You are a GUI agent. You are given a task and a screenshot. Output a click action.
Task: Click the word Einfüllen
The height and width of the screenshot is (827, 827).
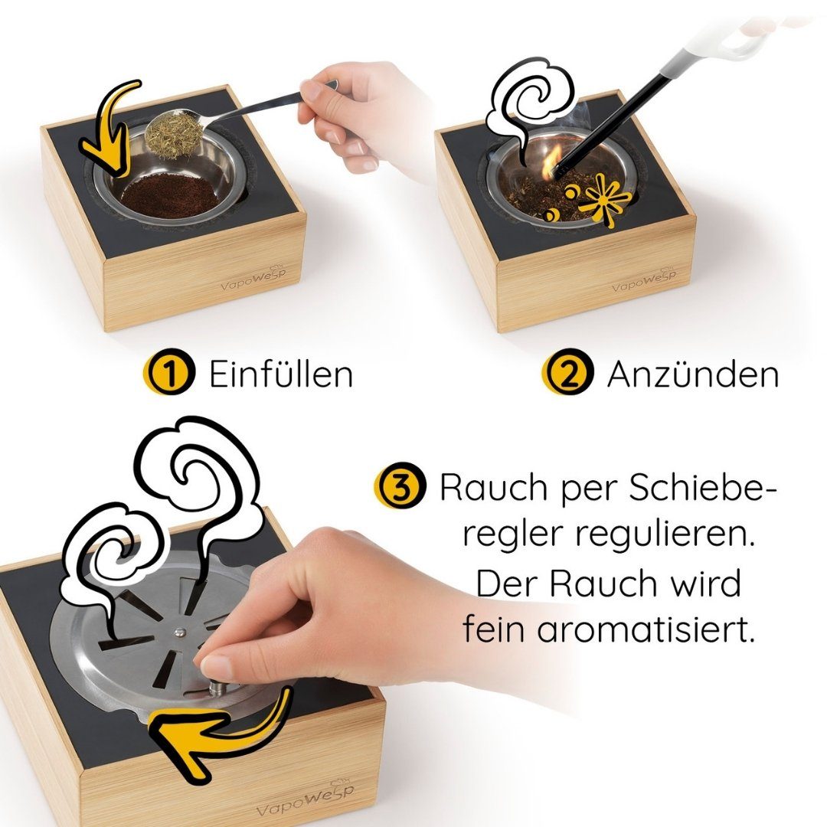tap(281, 374)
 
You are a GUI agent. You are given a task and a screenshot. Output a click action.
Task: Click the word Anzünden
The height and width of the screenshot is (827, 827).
tap(692, 374)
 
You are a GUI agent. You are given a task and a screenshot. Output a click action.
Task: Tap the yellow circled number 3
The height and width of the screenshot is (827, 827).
tap(399, 488)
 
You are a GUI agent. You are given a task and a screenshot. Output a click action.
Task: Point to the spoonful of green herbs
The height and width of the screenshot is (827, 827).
tap(175, 134)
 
